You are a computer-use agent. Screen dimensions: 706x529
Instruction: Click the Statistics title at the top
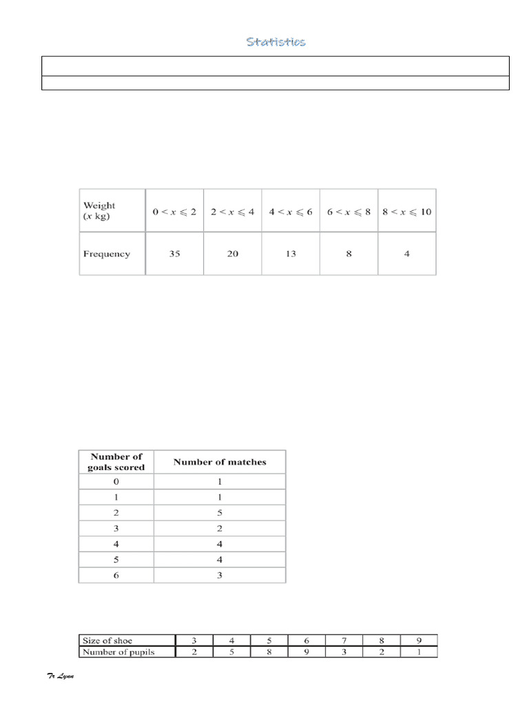coord(276,42)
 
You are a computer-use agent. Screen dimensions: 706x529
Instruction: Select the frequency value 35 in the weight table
coord(174,254)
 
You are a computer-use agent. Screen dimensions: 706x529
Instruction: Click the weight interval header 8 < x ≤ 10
coord(407,212)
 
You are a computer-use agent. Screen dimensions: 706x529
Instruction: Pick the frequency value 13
coord(291,254)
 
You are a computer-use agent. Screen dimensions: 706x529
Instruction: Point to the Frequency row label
coord(107,254)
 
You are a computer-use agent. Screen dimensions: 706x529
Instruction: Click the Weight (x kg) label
coord(99,210)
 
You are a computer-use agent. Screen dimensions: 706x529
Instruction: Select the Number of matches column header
coord(219,462)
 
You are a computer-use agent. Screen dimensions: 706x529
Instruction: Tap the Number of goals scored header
coord(117,462)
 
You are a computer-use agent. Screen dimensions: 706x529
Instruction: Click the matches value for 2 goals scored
coord(219,513)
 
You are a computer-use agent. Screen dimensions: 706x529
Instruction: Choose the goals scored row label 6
coord(117,574)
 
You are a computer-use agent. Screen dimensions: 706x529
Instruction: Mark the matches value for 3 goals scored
coord(219,528)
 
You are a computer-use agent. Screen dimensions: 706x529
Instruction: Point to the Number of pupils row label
coord(118,652)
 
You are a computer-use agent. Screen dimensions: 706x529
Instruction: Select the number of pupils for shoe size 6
coord(307,652)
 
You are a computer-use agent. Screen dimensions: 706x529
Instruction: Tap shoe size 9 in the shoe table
coord(418,640)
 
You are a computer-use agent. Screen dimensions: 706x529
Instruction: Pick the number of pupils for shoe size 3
coord(194,652)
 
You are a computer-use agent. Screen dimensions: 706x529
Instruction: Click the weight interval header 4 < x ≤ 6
coord(291,212)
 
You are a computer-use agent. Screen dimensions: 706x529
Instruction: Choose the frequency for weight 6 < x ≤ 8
coord(349,254)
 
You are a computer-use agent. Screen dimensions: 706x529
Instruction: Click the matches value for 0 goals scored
coord(219,482)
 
